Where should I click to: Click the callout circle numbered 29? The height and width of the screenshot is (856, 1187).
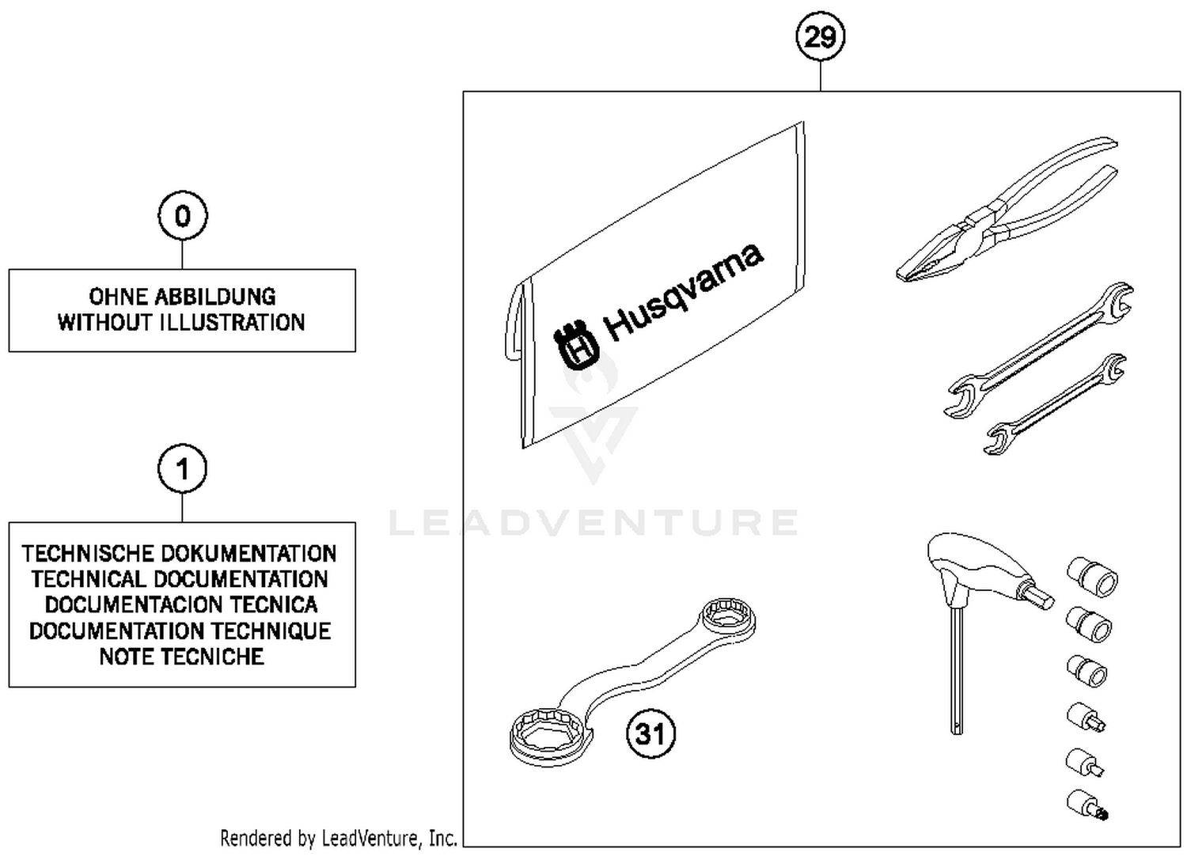pyautogui.click(x=820, y=36)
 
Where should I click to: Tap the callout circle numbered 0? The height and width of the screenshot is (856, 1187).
pyautogui.click(x=183, y=215)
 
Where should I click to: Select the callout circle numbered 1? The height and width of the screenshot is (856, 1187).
pyautogui.click(x=183, y=469)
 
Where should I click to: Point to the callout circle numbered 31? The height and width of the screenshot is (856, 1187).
pyautogui.click(x=650, y=733)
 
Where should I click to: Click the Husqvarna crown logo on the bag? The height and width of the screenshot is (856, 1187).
pyautogui.click(x=576, y=346)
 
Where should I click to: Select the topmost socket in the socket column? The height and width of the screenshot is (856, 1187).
pyautogui.click(x=1092, y=575)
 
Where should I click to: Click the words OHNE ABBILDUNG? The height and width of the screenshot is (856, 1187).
pyautogui.click(x=182, y=297)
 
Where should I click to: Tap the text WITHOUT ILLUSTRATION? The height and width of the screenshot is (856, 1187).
pyautogui.click(x=181, y=323)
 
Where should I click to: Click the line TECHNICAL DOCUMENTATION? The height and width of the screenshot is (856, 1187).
pyautogui.click(x=180, y=579)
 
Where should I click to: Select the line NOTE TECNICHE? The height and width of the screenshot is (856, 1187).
pyautogui.click(x=181, y=657)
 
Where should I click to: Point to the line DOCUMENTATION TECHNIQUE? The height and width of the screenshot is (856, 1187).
pyautogui.click(x=180, y=631)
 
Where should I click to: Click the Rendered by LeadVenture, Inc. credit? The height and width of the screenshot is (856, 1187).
pyautogui.click(x=338, y=838)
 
